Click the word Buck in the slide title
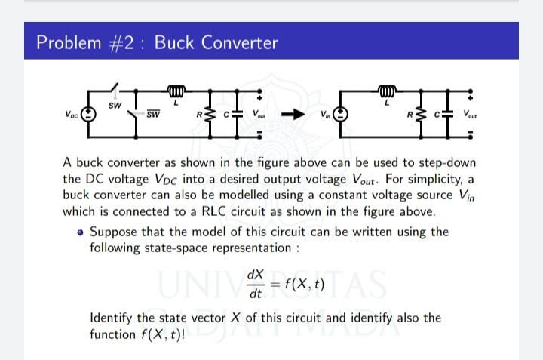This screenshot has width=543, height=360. [172, 42]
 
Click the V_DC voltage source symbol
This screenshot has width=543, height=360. [89, 115]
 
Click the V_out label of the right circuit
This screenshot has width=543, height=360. [471, 115]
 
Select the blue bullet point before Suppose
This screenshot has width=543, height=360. [81, 232]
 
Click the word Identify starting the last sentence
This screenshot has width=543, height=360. [112, 318]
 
